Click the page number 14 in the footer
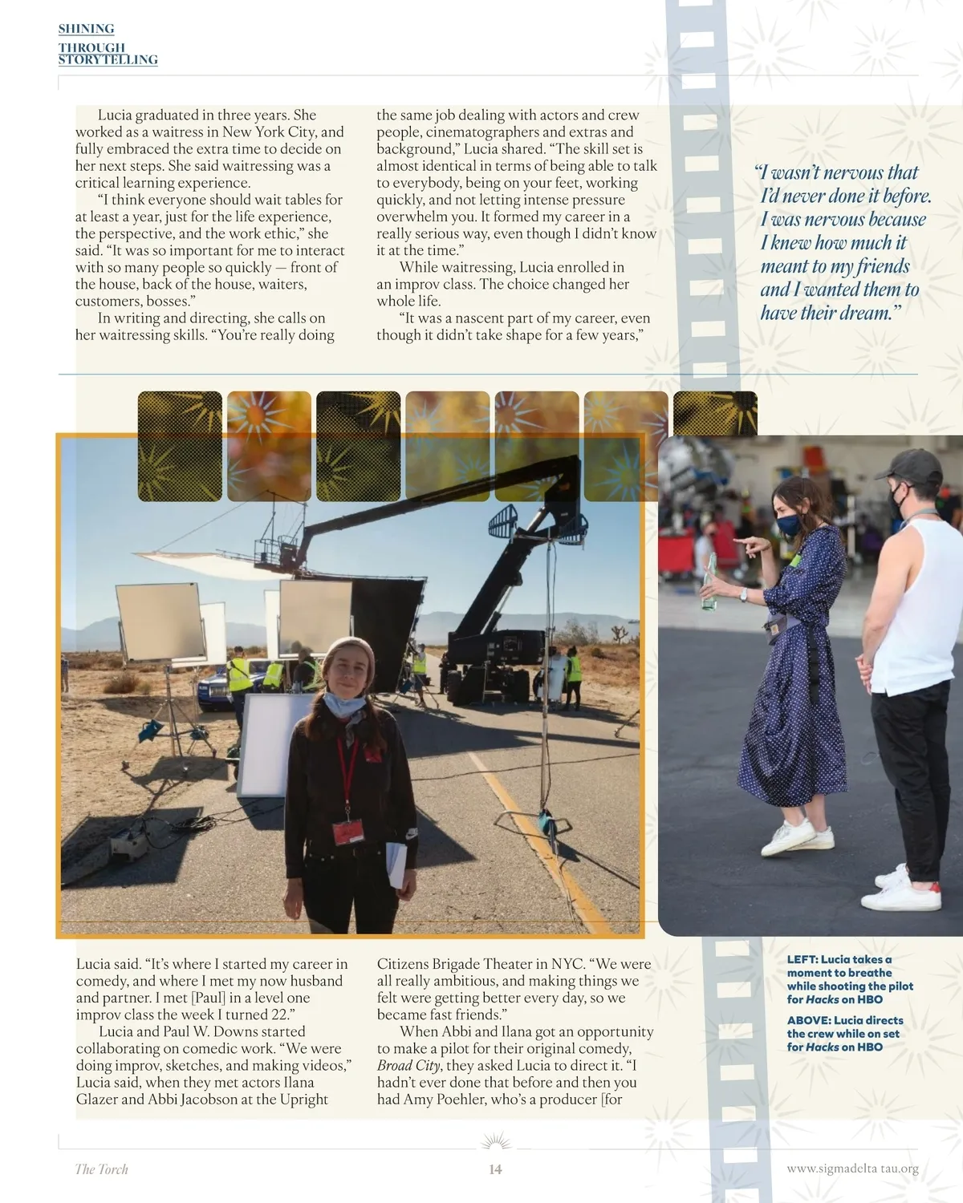495,1169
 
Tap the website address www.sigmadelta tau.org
852,1169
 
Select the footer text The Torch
101,1169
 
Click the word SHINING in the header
86,29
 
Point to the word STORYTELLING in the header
108,60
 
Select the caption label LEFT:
802,959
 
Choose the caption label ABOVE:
808,1020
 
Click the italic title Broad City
408,1065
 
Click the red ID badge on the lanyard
349,832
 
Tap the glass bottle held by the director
709,581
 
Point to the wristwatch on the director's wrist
744,594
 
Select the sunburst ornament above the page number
495,1142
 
